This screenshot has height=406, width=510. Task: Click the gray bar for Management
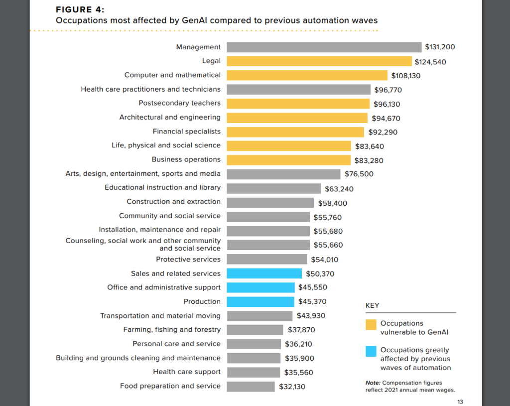(324, 47)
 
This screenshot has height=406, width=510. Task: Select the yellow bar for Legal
(319, 61)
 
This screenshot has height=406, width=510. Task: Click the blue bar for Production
(260, 302)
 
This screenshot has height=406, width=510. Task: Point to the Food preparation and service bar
(251, 387)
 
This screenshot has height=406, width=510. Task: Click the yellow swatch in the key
(371, 324)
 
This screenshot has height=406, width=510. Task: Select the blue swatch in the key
(371, 351)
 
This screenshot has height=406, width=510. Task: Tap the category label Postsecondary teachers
(179, 103)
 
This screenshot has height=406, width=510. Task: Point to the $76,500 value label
(359, 174)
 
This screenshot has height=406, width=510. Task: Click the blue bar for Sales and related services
(264, 273)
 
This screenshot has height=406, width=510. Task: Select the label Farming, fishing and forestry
(172, 330)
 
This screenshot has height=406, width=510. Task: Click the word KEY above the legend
(373, 305)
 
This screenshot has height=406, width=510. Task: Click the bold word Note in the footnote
(373, 383)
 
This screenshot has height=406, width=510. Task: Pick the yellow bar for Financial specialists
(295, 132)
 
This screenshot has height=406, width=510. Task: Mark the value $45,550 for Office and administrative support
(312, 287)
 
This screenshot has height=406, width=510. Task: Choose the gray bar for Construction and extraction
(270, 202)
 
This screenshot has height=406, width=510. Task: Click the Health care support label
(187, 372)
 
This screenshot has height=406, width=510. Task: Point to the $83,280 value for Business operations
(369, 161)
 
